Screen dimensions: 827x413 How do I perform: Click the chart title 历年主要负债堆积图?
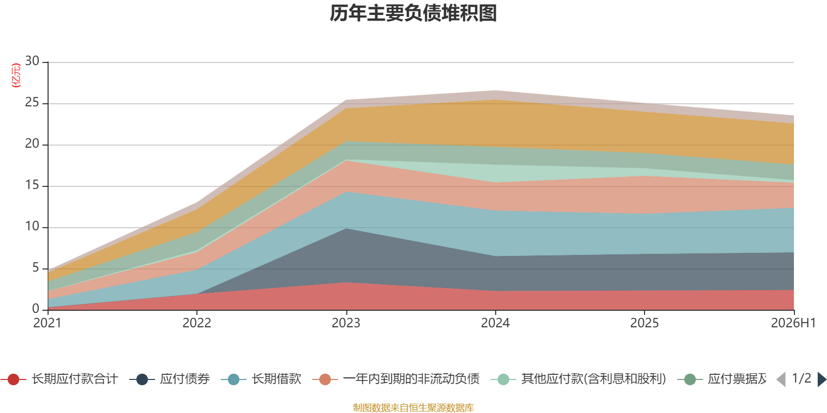point(413,13)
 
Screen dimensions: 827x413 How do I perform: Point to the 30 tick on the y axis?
point(32,61)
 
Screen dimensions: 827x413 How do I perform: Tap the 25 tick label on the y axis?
point(32,102)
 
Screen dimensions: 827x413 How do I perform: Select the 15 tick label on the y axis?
point(32,185)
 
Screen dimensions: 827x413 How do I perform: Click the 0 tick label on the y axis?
point(36,309)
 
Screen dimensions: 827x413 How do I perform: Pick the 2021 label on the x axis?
point(47,323)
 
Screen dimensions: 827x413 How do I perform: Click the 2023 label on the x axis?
point(346,323)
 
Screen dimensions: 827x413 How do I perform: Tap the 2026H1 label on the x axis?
point(793,323)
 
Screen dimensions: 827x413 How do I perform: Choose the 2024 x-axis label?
point(495,323)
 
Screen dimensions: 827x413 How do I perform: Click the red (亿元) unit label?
point(16,75)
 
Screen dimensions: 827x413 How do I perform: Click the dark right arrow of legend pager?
point(822,379)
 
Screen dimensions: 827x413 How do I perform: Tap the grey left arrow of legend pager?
point(781,379)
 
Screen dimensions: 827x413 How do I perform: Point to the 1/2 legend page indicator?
point(802,378)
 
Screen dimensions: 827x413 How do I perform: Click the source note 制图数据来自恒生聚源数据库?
point(413,407)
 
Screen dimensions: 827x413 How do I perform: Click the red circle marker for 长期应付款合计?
point(13,379)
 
